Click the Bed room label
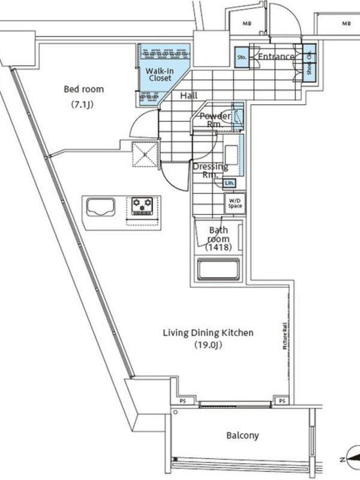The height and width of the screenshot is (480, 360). [x=84, y=89]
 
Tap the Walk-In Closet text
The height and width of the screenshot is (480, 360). [x=160, y=74]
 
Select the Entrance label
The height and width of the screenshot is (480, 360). [x=276, y=57]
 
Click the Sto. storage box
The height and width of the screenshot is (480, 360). [x=242, y=58]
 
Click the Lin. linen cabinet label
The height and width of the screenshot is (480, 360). [x=229, y=183]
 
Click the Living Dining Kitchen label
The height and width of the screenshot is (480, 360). [x=208, y=333]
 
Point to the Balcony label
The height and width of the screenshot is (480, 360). [x=243, y=436]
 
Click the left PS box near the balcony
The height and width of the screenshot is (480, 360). [x=181, y=400]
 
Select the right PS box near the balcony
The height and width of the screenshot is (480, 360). [x=280, y=400]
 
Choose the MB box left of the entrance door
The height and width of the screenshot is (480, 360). [x=247, y=24]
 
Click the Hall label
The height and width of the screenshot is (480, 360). [x=188, y=95]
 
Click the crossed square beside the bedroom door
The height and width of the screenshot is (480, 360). [x=146, y=152]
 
